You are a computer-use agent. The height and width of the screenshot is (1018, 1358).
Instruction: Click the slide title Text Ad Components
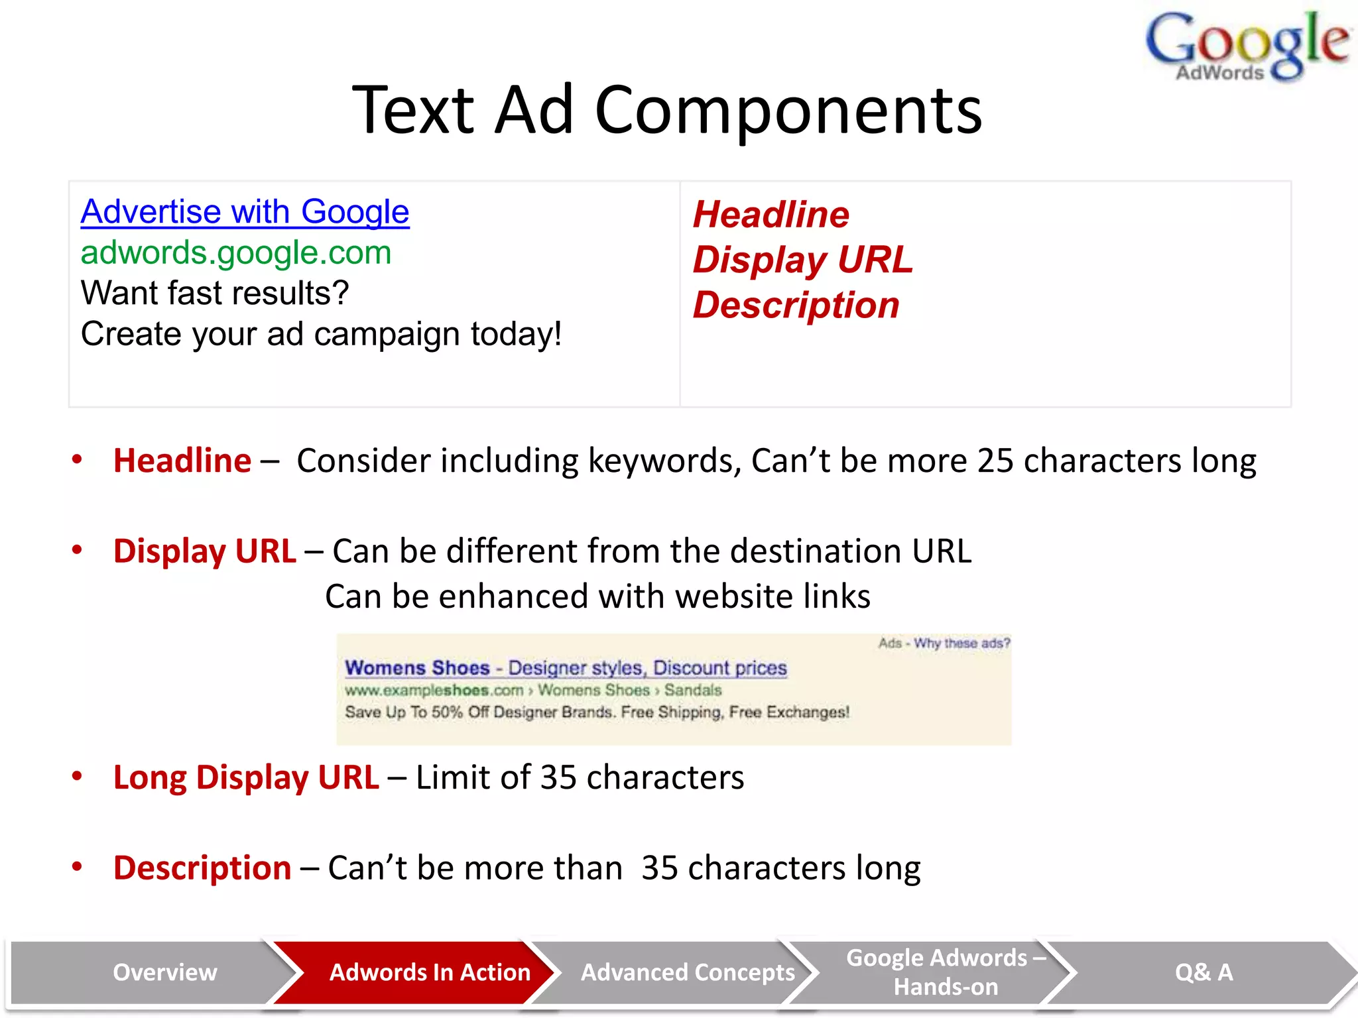coord(666,110)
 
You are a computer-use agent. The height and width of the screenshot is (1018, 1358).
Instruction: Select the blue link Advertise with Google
coord(245,212)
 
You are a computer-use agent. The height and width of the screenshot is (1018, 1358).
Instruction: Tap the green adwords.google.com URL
coord(236,253)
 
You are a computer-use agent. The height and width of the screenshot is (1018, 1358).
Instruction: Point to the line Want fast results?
coord(215,293)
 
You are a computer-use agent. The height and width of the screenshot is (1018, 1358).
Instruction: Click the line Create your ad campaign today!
coord(321,333)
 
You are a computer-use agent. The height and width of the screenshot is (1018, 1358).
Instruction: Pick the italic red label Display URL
coord(802,259)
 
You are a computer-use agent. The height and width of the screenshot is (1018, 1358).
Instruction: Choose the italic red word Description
coord(796,305)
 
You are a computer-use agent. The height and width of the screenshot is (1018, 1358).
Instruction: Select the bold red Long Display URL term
coord(246,777)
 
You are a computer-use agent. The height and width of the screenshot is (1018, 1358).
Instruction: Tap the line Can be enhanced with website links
coord(597,596)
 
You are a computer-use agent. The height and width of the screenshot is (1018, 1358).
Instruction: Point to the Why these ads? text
coord(961,643)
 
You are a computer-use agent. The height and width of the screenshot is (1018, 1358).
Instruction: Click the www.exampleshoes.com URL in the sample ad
coord(434,690)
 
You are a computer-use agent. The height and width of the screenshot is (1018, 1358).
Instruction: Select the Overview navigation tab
coord(164,972)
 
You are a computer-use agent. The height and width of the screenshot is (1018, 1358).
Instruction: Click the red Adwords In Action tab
coord(430,972)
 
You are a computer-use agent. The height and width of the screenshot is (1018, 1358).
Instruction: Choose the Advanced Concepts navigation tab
coord(688,972)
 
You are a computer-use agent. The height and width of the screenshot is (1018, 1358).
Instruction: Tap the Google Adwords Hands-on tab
coord(946,972)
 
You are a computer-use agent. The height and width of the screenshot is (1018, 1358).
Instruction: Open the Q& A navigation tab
coord(1204,972)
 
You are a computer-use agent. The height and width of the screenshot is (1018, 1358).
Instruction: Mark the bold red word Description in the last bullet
coord(202,868)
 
